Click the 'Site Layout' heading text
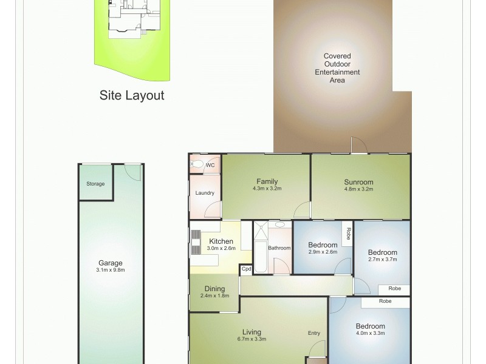point(132,95)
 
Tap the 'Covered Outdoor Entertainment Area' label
point(337,68)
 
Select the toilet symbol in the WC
point(196,164)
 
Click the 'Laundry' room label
point(205,193)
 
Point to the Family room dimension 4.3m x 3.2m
point(267,189)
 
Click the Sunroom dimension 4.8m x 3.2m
point(358,189)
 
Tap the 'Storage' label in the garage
point(95,184)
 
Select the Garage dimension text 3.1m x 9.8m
point(111,270)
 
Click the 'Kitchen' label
point(221,241)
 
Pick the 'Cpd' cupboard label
point(246,269)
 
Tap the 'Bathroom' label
point(279,248)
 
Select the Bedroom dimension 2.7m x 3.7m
point(383,259)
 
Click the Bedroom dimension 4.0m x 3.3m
point(370,332)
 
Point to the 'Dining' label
point(214,289)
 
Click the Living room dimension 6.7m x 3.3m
point(252,339)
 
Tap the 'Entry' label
point(313,332)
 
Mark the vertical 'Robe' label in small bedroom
point(348,233)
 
